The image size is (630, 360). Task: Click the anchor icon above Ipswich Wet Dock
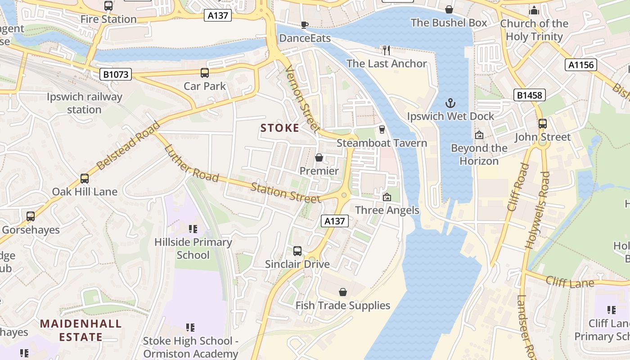[x=450, y=103]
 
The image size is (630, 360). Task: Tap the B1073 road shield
[x=116, y=74]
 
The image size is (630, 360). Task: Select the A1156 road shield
[x=581, y=65]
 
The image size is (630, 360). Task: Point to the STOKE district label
[x=280, y=128]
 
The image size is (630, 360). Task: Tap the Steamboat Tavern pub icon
[x=382, y=130]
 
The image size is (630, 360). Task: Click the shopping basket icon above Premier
[x=319, y=157]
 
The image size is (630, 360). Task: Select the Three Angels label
[x=387, y=210]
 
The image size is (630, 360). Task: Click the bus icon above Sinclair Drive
[x=297, y=251]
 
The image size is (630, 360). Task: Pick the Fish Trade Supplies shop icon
[x=343, y=292]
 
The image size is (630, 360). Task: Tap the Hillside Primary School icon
[x=193, y=229]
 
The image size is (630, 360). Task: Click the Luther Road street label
[x=191, y=163]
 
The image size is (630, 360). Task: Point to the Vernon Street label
[x=302, y=99]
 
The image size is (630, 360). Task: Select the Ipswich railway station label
[x=85, y=103]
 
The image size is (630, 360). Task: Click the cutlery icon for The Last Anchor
[x=386, y=50]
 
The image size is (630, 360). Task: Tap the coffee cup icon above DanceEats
[x=305, y=25]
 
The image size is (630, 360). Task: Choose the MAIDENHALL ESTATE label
[x=81, y=330]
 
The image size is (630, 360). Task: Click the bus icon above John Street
[x=543, y=123]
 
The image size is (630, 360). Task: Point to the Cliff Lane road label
[x=570, y=282]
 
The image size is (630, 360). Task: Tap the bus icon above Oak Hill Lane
[x=85, y=178]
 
